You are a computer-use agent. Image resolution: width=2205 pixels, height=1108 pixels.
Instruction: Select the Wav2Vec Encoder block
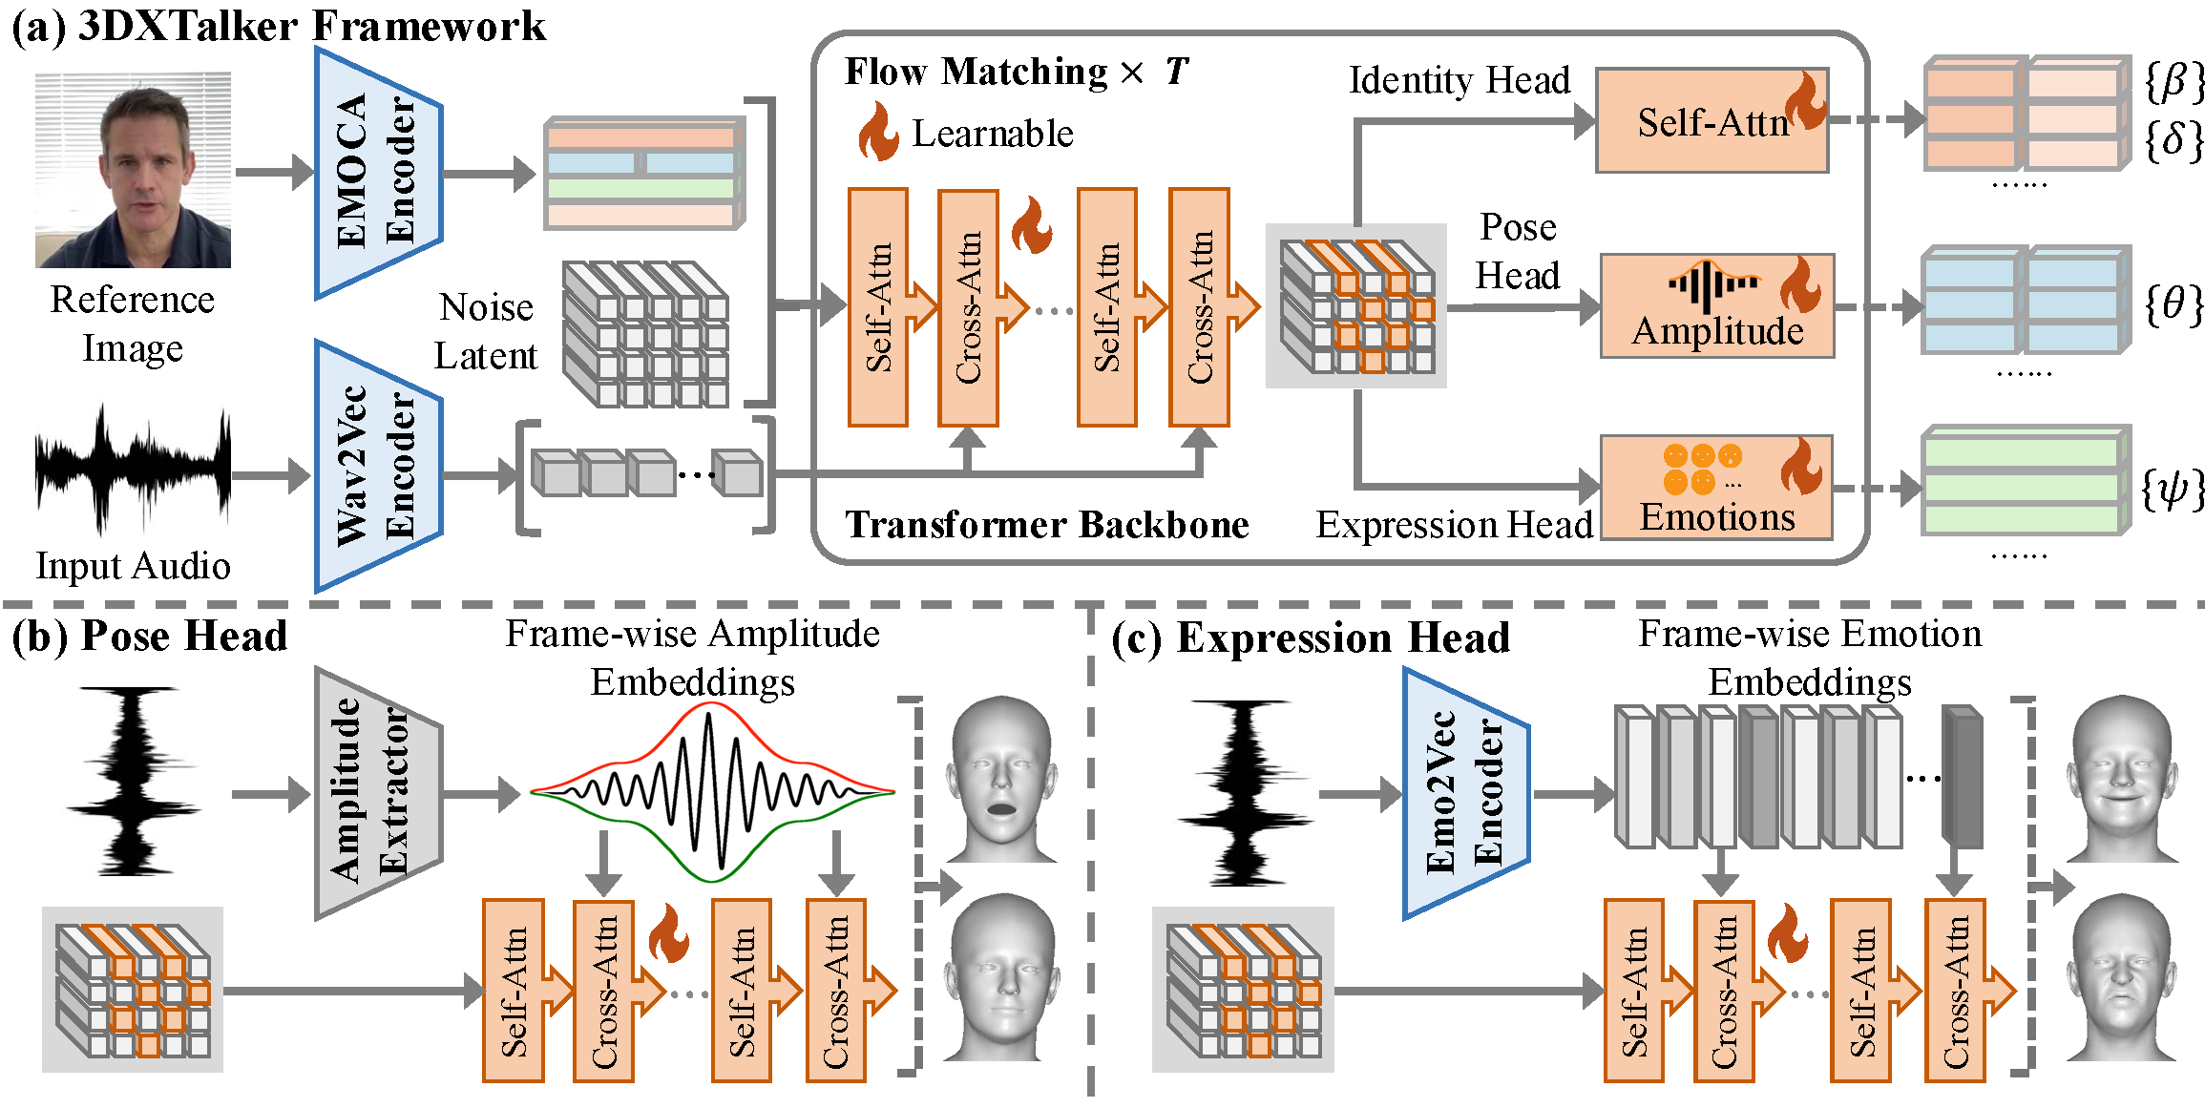(x=377, y=466)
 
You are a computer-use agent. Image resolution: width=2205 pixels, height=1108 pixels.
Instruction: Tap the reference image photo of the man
(x=133, y=170)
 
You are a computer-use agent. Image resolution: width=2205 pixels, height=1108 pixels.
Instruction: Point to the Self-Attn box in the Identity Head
(x=1711, y=121)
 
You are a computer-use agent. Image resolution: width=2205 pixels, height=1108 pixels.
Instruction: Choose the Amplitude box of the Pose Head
(x=1716, y=305)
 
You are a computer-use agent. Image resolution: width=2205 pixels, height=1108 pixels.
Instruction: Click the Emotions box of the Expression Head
(x=1716, y=488)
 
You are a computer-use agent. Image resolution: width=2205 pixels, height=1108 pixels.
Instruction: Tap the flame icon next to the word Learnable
(x=878, y=133)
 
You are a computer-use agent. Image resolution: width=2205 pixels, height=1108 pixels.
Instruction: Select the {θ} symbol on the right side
(x=2173, y=306)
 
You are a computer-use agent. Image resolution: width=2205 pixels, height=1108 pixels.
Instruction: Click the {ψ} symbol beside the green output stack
(x=2173, y=490)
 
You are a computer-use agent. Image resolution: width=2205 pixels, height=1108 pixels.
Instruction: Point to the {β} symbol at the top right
(x=2173, y=82)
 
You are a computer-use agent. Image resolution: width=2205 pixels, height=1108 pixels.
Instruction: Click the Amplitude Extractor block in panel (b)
(x=377, y=792)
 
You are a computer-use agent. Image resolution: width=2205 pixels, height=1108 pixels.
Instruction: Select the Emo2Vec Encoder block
(x=1465, y=792)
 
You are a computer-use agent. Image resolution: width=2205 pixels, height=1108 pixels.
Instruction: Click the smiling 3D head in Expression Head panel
(x=2121, y=778)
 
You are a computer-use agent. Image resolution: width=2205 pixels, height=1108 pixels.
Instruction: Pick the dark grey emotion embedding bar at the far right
(x=1962, y=778)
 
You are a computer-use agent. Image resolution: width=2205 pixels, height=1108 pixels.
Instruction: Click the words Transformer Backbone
(x=1047, y=525)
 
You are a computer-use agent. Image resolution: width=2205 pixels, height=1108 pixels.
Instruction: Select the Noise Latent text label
(x=486, y=331)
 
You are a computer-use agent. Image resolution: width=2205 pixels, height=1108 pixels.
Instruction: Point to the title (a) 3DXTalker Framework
(x=279, y=26)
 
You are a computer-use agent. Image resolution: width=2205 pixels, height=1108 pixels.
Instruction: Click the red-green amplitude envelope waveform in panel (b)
(x=712, y=792)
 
